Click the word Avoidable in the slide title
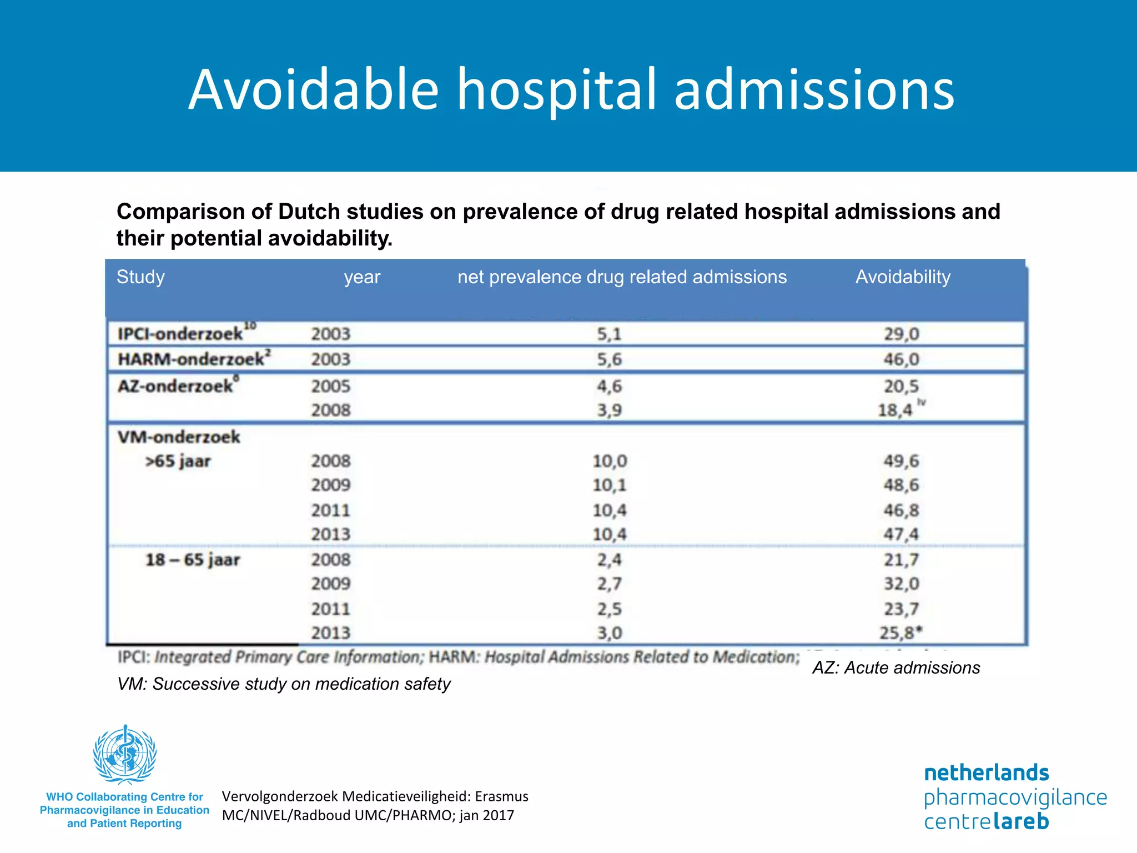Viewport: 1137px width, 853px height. coord(314,90)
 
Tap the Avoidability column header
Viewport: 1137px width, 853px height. coord(903,277)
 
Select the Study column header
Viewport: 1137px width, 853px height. coord(140,277)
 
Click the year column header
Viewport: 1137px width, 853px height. coord(362,277)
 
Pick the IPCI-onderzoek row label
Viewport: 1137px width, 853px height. coord(180,334)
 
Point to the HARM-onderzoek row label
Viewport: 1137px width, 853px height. coord(191,359)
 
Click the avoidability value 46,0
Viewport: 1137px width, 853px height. coord(901,359)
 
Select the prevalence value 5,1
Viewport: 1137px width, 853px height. coord(609,334)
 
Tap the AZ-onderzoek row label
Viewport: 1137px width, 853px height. coord(175,386)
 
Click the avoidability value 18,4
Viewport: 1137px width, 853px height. coord(895,410)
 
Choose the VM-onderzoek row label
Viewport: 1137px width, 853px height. coord(179,437)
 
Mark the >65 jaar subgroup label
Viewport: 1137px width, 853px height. coord(178,461)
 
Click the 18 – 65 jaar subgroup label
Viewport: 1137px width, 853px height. coord(193,560)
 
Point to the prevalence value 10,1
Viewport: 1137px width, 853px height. coord(609,485)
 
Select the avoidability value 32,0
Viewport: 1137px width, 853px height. coord(901,584)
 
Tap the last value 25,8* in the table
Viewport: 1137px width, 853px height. coord(900,633)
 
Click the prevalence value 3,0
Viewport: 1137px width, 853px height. coord(609,633)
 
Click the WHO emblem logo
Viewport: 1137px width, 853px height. coord(125,754)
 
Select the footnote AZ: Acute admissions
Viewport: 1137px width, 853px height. coord(896,668)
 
